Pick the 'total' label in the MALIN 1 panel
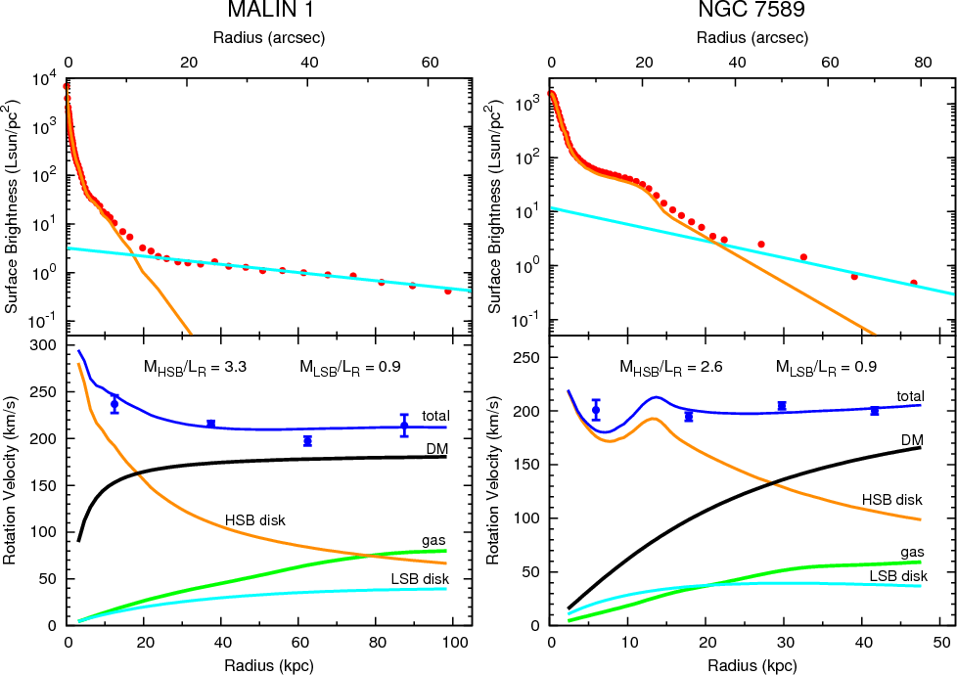click(x=435, y=415)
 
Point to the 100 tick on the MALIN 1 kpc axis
click(x=453, y=645)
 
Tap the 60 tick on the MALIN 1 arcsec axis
click(x=429, y=61)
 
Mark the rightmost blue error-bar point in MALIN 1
click(x=404, y=425)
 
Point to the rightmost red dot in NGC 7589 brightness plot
click(x=914, y=283)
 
